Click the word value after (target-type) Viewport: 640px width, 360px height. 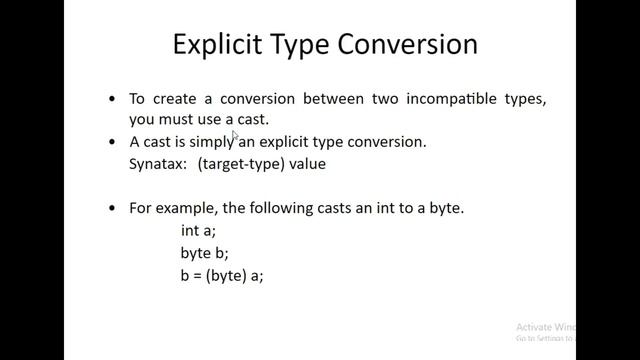coord(306,163)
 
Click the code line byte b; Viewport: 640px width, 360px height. coord(204,253)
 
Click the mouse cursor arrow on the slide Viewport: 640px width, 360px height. coord(236,136)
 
